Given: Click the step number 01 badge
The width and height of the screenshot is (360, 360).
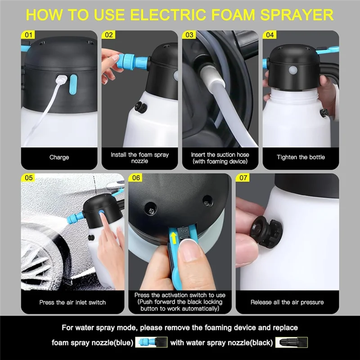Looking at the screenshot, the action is pyautogui.click(x=28, y=35).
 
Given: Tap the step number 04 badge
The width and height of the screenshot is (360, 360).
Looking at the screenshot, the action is pyautogui.click(x=270, y=35).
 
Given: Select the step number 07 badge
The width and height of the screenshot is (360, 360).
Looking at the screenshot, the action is pyautogui.click(x=243, y=178).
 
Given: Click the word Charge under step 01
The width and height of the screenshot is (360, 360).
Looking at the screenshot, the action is pyautogui.click(x=59, y=157).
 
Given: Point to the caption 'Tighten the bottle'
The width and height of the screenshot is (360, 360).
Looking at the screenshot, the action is pyautogui.click(x=301, y=157).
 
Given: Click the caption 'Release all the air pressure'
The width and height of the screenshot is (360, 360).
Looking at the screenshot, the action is pyautogui.click(x=287, y=302).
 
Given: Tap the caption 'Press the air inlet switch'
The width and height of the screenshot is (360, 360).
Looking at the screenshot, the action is pyautogui.click(x=72, y=302).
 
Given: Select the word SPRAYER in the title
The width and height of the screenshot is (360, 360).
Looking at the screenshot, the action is pyautogui.click(x=297, y=15).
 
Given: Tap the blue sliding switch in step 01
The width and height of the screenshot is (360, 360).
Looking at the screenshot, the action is pyautogui.click(x=73, y=84).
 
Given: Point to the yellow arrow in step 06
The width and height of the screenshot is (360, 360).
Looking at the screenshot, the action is pyautogui.click(x=174, y=238).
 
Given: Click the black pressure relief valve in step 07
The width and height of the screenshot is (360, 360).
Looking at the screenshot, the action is pyautogui.click(x=266, y=230).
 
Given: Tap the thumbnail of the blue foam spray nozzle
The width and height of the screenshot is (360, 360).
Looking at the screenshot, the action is pyautogui.click(x=151, y=342).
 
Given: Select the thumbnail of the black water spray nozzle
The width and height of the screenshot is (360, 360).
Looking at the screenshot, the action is pyautogui.click(x=291, y=342).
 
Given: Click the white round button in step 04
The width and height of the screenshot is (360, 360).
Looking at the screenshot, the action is pyautogui.click(x=293, y=70).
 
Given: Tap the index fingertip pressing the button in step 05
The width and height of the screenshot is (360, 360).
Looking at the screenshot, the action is pyautogui.click(x=101, y=215).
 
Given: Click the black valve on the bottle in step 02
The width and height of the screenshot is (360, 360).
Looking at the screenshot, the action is pyautogui.click(x=140, y=107).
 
